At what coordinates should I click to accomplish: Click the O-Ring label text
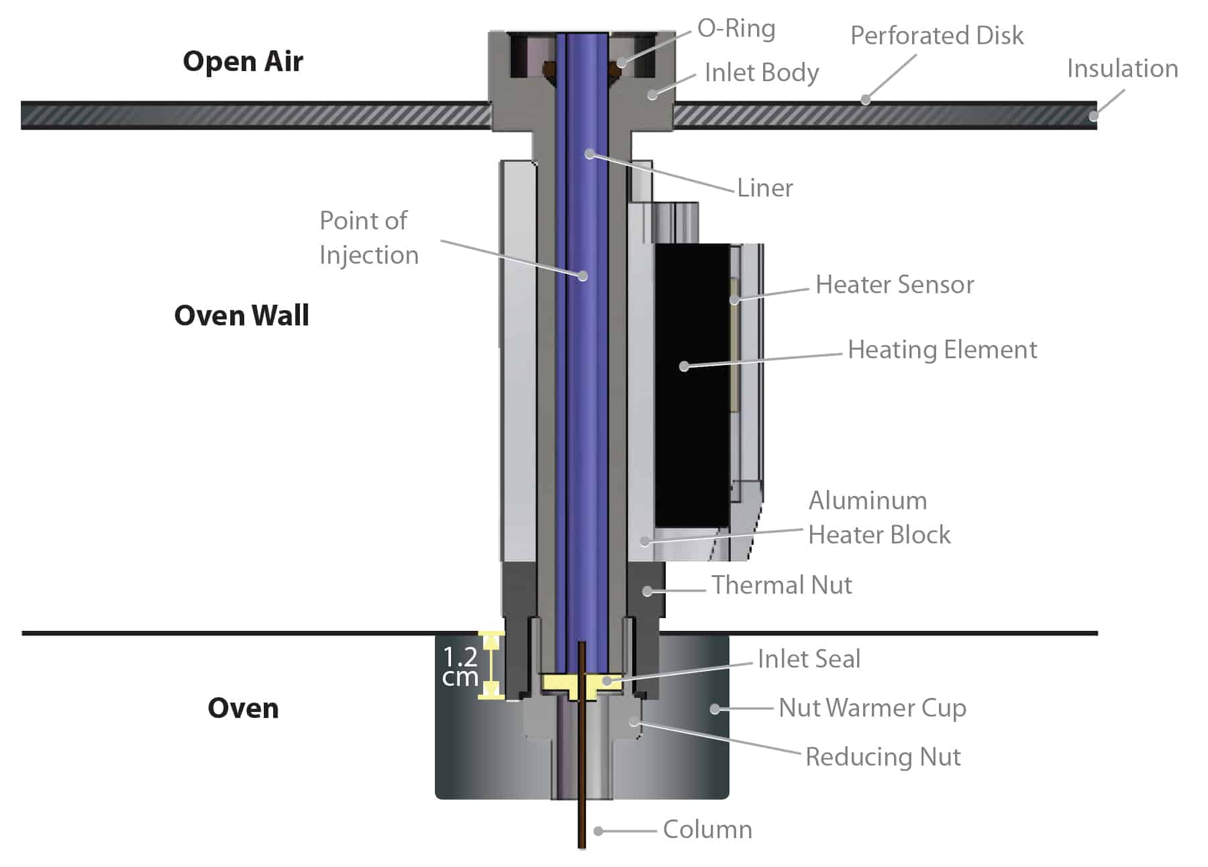(736, 28)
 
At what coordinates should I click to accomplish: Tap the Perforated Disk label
(937, 36)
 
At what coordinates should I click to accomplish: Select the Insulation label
(1122, 68)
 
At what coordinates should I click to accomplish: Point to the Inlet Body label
(762, 72)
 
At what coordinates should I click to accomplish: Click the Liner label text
(764, 188)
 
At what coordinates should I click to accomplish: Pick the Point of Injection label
(368, 238)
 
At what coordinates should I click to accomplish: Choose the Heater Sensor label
(895, 285)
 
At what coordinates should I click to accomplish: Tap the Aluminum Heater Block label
(878, 517)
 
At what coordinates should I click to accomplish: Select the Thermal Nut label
(781, 585)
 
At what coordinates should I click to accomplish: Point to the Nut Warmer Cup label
(872, 708)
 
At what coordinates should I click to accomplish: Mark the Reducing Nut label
(883, 757)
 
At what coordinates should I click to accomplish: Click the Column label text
(707, 830)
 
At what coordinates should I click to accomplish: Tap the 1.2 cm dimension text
(460, 666)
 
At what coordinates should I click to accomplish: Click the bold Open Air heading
(243, 61)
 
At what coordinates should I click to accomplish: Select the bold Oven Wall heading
(242, 315)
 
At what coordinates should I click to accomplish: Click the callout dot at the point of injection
(583, 276)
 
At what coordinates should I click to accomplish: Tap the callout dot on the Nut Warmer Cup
(715, 709)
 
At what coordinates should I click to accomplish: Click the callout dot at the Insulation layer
(1093, 116)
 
